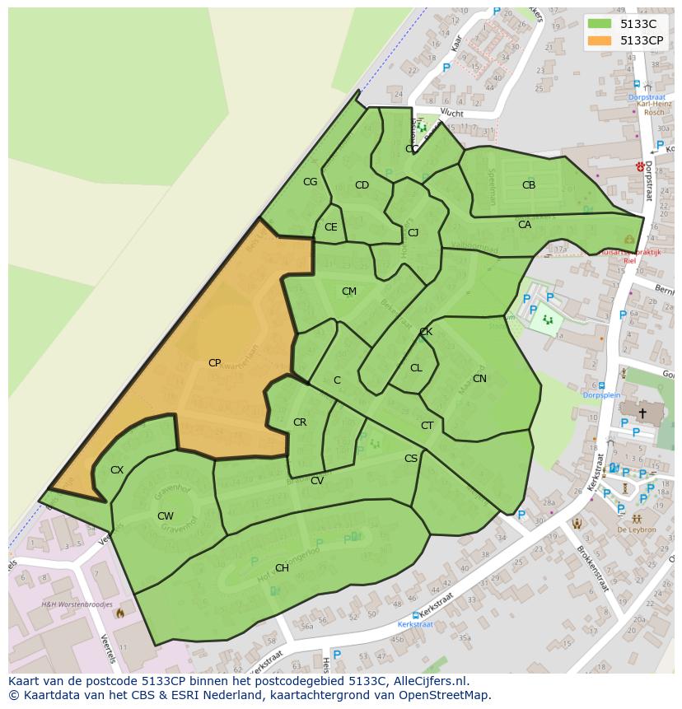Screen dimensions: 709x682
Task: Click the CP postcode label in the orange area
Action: (214, 362)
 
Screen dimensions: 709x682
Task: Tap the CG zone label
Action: (310, 182)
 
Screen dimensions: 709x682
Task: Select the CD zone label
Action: (362, 185)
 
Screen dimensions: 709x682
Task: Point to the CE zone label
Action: (330, 227)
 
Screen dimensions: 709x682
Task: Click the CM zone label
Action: (349, 292)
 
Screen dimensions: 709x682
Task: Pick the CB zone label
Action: (529, 185)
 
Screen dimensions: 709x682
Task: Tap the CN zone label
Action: (479, 379)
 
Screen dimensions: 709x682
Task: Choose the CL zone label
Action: (416, 368)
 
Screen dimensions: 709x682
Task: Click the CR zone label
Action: (300, 422)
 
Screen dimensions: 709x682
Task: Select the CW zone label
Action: (166, 516)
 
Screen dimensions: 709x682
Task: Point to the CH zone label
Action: (282, 568)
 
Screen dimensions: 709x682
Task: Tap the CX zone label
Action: (117, 470)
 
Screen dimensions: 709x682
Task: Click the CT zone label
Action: (427, 426)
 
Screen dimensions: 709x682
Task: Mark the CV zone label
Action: (317, 481)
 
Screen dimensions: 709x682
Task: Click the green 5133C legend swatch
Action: (600, 24)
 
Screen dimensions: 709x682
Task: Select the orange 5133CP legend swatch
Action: (600, 40)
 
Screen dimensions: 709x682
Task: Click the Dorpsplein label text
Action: (601, 395)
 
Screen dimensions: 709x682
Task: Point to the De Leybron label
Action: (637, 529)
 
